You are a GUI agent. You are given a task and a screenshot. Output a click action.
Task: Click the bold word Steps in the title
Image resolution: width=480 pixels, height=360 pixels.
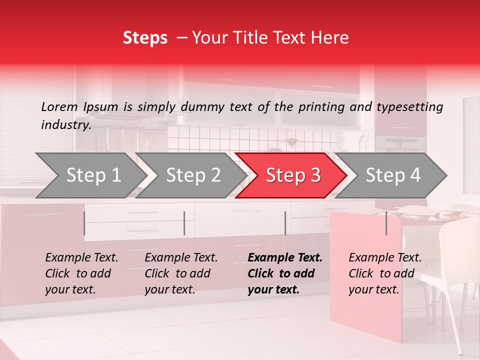click(145, 38)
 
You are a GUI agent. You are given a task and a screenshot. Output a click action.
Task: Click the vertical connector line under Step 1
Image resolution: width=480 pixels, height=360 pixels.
click(84, 223)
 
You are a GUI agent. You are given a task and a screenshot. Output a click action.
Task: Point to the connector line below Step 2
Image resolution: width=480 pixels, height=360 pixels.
click(184, 223)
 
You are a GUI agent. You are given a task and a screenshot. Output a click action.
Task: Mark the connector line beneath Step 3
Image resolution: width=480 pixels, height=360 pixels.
click(285, 223)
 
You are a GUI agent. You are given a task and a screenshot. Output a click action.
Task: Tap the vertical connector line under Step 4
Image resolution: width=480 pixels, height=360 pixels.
click(386, 223)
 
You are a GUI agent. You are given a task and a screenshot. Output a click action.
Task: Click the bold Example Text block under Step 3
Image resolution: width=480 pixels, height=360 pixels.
click(285, 273)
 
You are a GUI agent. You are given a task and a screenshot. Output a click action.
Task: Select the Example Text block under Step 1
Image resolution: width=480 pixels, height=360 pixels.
click(81, 273)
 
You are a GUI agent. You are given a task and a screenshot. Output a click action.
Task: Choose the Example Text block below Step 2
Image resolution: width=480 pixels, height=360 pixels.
click(181, 273)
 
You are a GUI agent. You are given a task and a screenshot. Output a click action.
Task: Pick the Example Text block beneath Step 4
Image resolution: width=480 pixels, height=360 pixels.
click(385, 273)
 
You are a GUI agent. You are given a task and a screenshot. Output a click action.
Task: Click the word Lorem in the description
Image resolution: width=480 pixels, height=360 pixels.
click(59, 107)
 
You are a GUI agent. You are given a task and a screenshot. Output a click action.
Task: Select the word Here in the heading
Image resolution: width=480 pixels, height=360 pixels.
click(333, 38)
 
